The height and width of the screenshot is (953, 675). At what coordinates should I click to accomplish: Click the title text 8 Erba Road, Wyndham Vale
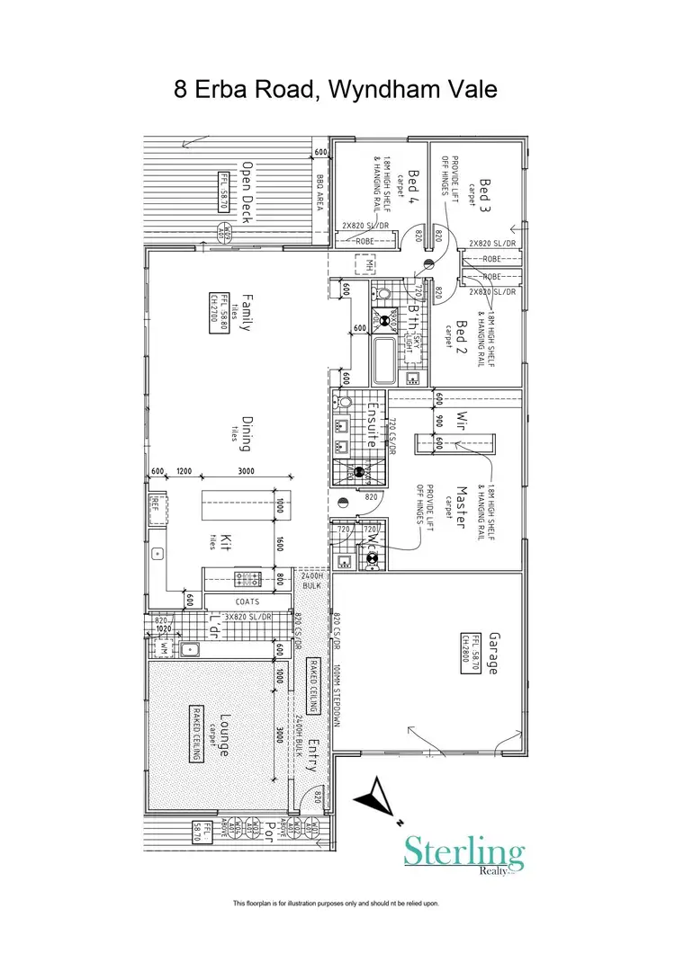336,90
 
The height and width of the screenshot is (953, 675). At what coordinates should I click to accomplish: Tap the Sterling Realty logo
463,854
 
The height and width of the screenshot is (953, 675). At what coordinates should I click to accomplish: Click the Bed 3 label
486,197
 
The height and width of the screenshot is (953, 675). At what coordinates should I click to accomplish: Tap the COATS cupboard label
248,602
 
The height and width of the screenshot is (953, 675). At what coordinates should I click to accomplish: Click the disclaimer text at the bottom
336,903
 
